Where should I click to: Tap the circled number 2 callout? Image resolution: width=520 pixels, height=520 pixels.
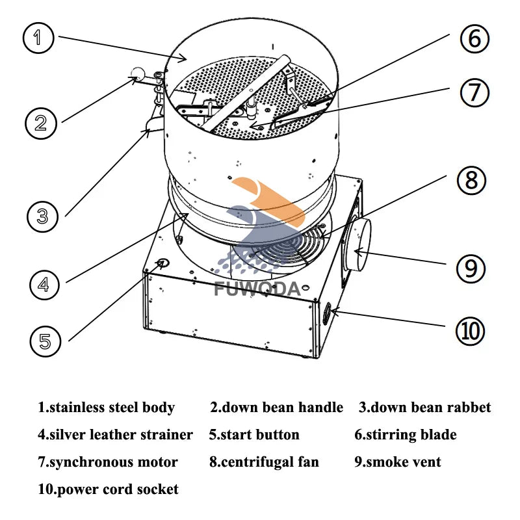coord(41,122)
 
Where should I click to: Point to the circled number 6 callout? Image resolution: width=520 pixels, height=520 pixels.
coord(475,39)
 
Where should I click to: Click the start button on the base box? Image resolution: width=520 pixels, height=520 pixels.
coord(162,263)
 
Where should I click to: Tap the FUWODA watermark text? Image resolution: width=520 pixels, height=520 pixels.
coord(257,287)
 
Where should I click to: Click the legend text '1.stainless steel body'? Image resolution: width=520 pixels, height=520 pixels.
coord(106,408)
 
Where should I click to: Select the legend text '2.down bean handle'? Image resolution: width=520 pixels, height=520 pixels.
coord(276,408)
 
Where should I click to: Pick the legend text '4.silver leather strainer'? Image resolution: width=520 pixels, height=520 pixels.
coord(115,434)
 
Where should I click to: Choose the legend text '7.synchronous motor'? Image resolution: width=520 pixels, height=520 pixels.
coord(107,462)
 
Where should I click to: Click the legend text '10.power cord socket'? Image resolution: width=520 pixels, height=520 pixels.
coord(108,489)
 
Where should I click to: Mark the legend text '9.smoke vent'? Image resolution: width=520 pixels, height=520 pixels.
coord(397,462)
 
